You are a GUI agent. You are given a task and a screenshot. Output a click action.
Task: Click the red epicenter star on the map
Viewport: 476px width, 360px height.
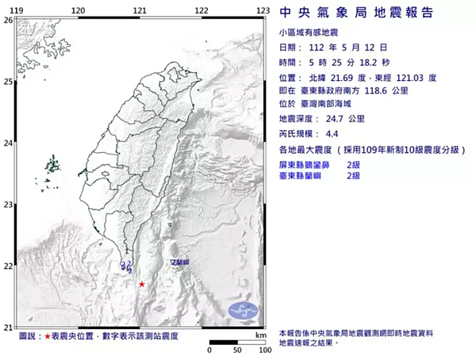(x=142, y=284)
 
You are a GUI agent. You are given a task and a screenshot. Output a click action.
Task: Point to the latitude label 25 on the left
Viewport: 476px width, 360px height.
(x=7, y=82)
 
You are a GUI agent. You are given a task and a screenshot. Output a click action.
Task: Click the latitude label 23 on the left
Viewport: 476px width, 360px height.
(x=7, y=205)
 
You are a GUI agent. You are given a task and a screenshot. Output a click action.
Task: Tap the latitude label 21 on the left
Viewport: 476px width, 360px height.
(x=7, y=327)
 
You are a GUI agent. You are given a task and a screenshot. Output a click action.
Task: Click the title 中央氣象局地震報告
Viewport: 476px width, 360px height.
(x=356, y=13)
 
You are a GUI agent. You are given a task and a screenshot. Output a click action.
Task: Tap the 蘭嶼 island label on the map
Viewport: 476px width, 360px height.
(x=180, y=262)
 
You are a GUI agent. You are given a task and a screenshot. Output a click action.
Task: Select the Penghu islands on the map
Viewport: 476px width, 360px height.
(x=53, y=167)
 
